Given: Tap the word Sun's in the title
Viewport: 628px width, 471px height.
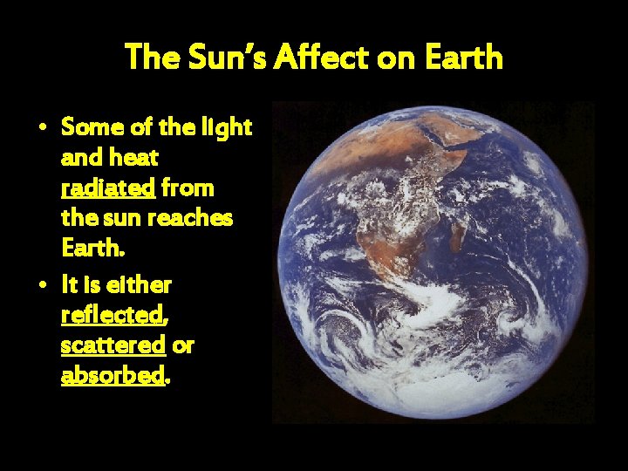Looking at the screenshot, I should coord(227,58).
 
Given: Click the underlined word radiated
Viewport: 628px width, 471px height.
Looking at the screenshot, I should coord(107,188).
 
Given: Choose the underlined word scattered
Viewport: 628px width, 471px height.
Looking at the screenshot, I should coord(113,345).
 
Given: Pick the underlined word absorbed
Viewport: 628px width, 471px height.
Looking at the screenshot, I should coord(113,376).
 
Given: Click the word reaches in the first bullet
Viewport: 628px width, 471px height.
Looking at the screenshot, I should coord(195,219).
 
